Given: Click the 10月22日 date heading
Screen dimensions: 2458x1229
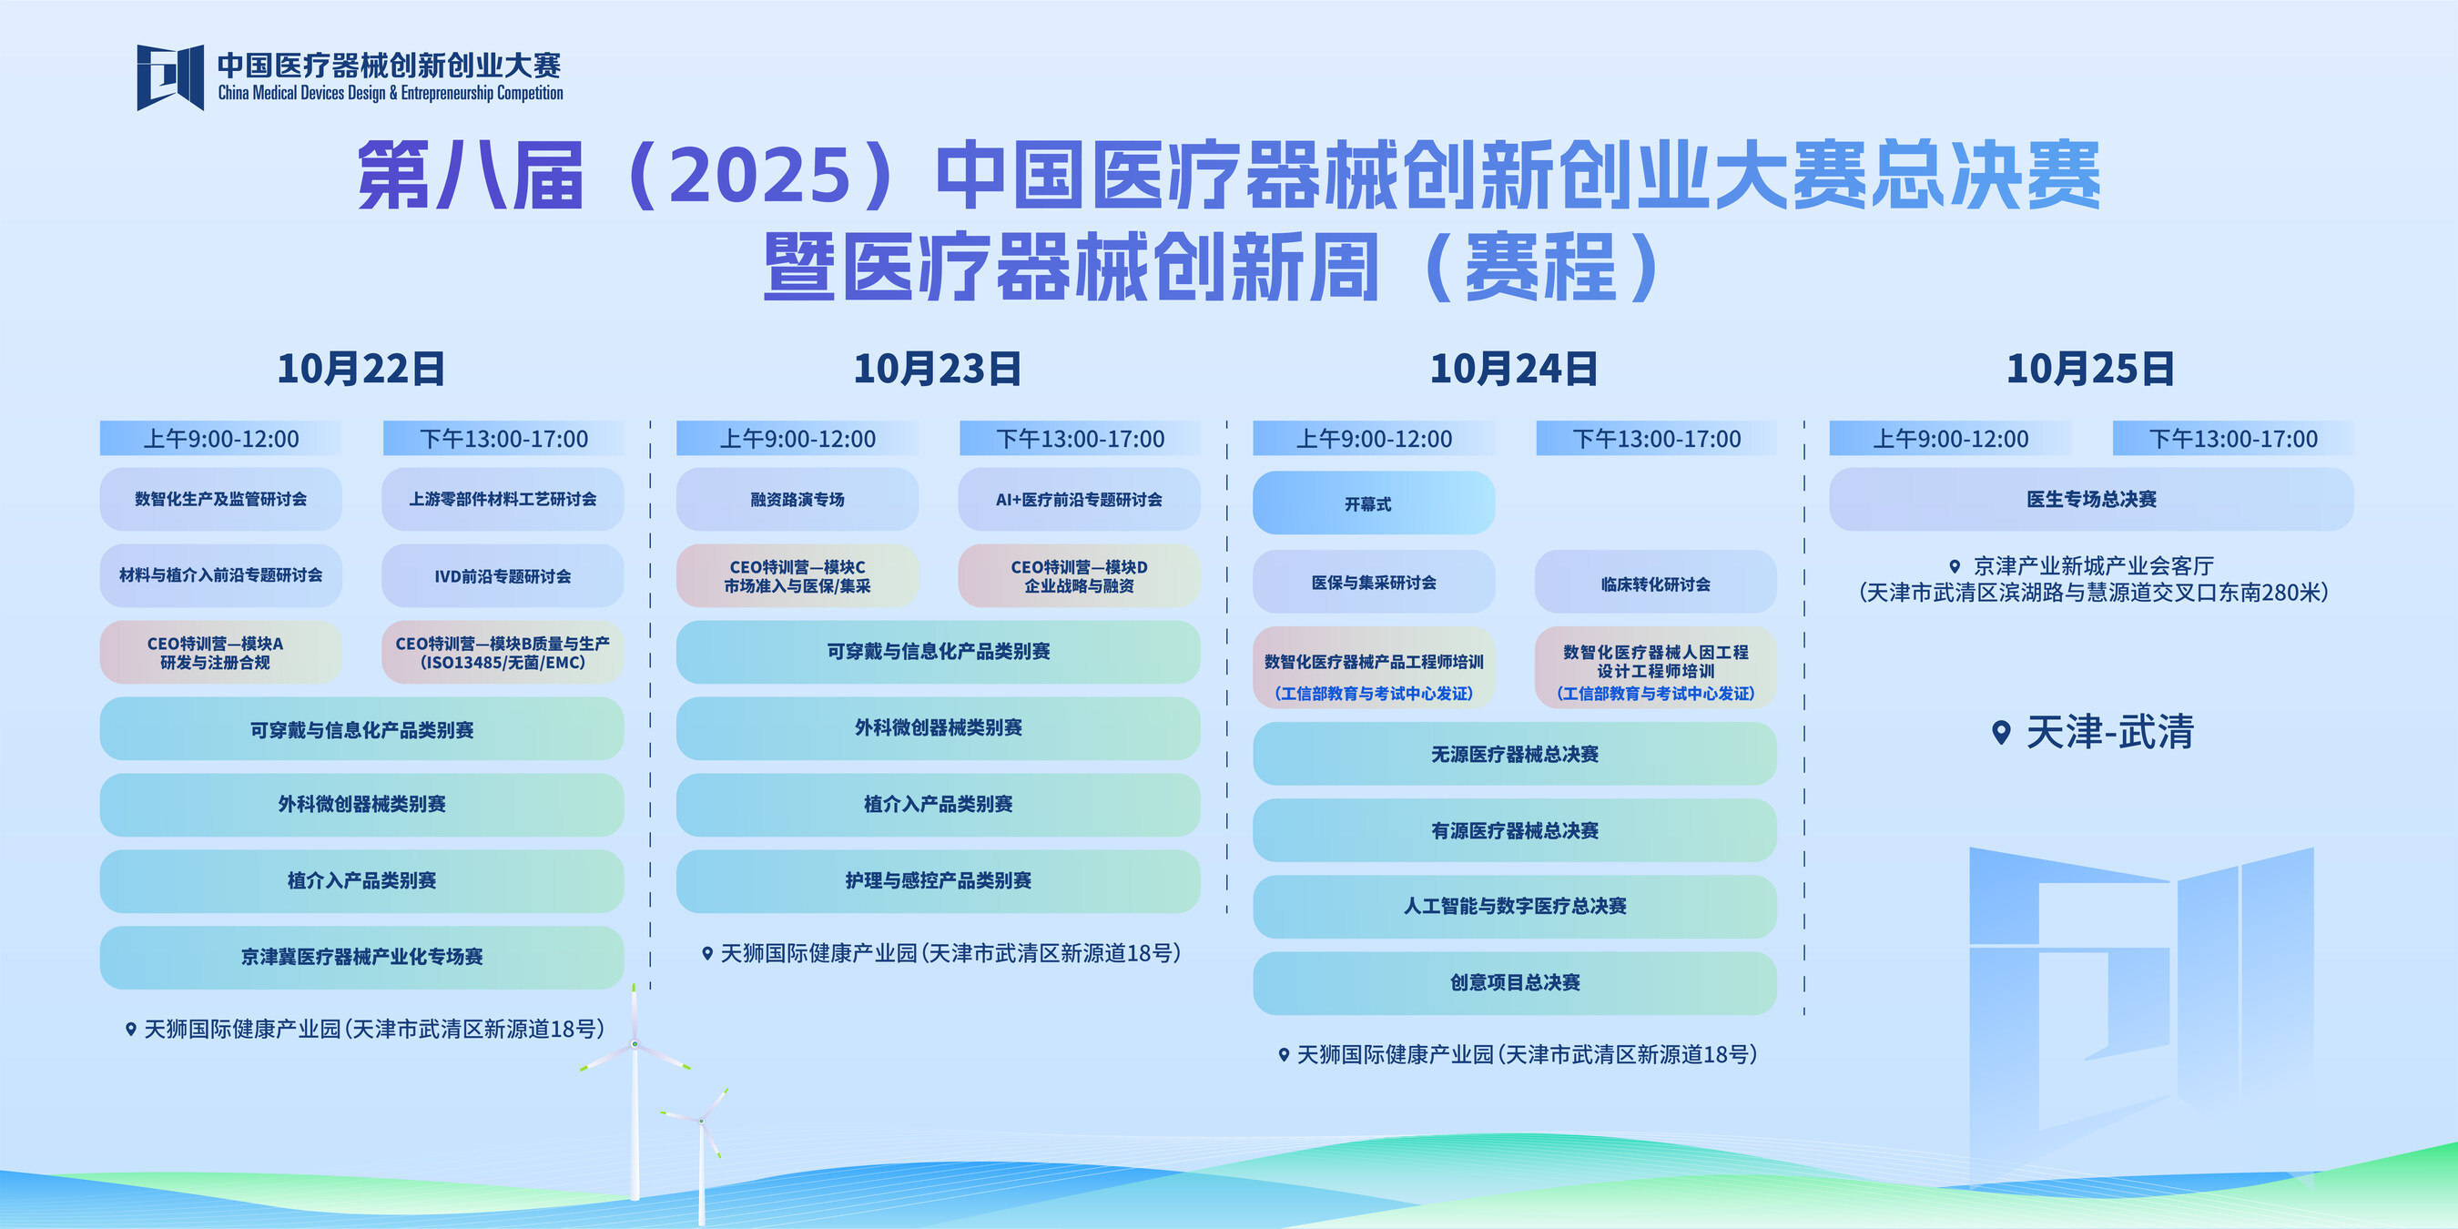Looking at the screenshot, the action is (x=361, y=370).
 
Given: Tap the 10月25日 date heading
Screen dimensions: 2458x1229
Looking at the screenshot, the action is (x=2090, y=370).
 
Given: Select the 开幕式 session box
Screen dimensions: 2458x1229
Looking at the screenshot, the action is (x=1373, y=503).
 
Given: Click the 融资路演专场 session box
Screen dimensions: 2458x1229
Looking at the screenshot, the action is (x=797, y=499).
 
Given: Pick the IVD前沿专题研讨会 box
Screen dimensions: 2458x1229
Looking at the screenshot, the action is (x=503, y=576).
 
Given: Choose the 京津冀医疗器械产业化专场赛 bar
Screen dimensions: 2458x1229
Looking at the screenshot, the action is (x=361, y=957).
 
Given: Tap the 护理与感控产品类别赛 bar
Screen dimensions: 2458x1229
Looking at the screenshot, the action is (x=938, y=880).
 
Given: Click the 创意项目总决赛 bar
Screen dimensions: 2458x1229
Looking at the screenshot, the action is (x=1514, y=983).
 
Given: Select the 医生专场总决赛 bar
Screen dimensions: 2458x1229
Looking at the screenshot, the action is (x=2090, y=499).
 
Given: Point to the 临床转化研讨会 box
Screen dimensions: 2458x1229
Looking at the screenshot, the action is (x=1656, y=582).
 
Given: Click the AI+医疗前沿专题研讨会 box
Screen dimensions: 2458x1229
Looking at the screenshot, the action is (x=1079, y=499).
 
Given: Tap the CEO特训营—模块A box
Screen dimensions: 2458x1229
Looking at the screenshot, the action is (x=220, y=653).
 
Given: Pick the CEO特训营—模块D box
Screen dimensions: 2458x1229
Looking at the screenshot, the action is (x=1079, y=576).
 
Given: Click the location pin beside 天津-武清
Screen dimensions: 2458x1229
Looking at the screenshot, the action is (x=2002, y=733).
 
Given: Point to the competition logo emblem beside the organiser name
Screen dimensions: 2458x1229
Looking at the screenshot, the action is (x=170, y=77).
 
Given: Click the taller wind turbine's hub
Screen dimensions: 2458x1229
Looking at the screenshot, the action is (x=635, y=1045).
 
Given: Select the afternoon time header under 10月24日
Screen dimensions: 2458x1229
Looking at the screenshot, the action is (x=1657, y=439).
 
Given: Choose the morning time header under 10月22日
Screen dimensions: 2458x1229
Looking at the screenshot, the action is (x=220, y=439).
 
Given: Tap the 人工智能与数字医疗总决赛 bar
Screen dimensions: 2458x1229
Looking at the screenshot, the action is (x=1514, y=907).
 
